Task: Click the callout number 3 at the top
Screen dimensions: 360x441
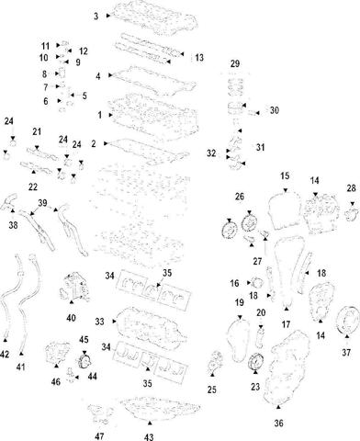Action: point(96,16)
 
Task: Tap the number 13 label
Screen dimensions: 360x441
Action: point(199,58)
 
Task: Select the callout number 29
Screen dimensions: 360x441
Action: point(235,64)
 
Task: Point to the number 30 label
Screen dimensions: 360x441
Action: point(275,110)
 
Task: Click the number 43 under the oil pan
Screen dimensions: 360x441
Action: point(149,437)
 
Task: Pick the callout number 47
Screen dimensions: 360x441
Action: point(99,436)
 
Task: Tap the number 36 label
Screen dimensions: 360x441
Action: point(278,424)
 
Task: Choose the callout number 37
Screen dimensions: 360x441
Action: point(346,353)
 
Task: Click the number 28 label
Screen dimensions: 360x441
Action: point(352,188)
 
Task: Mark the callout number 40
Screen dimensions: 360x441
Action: point(71,319)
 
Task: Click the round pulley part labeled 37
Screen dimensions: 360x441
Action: point(348,319)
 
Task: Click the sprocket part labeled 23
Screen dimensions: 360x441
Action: point(255,362)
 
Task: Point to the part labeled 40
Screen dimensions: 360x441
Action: point(73,288)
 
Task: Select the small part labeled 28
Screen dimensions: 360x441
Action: point(352,213)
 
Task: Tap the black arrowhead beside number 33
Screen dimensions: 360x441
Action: point(115,322)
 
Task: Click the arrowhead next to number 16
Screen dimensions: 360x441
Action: point(249,283)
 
